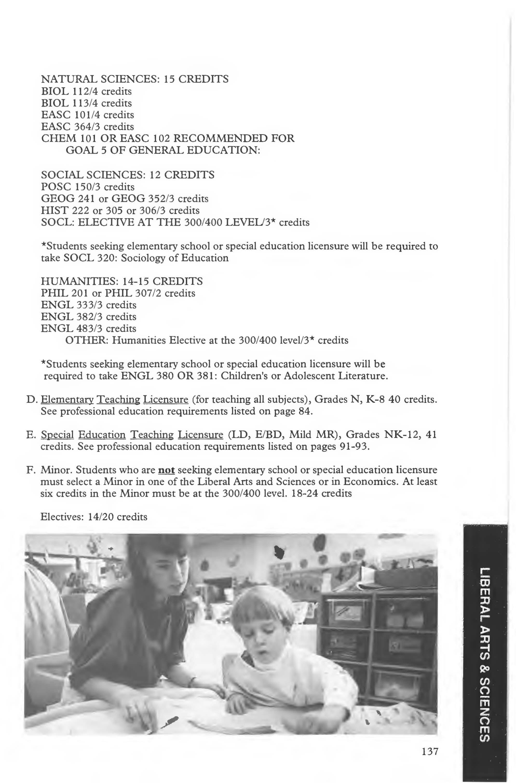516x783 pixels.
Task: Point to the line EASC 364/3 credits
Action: pyautogui.click(x=87, y=126)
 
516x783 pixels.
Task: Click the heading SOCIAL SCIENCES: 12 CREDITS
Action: pyautogui.click(x=128, y=175)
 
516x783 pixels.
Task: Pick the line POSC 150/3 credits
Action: pyautogui.click(x=87, y=187)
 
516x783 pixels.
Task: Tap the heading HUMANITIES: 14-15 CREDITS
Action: pyautogui.click(x=121, y=281)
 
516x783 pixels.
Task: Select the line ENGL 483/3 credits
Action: pyautogui.click(x=88, y=328)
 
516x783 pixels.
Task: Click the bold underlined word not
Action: pyautogui.click(x=166, y=470)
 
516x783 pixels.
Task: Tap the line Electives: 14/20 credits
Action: pyautogui.click(x=94, y=517)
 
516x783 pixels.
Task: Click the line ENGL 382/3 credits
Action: pyautogui.click(x=88, y=317)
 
